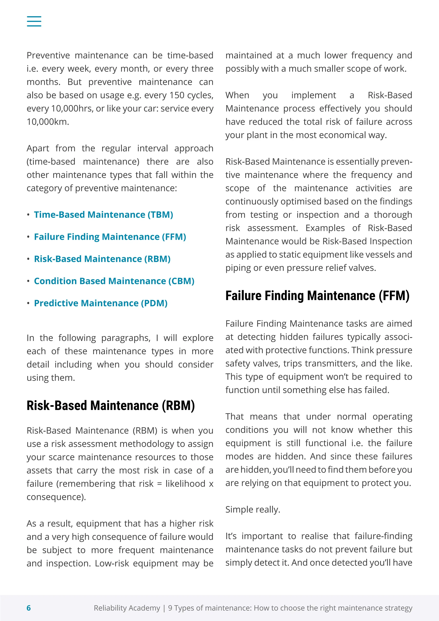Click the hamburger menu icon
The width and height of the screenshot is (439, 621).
pyautogui.click(x=34, y=21)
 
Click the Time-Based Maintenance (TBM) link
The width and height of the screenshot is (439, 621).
pyautogui.click(x=103, y=215)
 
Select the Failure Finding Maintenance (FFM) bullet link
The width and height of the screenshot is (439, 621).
pyautogui.click(x=110, y=237)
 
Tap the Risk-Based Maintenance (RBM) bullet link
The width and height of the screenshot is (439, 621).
pyautogui.click(x=102, y=259)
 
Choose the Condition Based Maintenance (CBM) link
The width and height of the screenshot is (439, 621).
pyautogui.click(x=114, y=281)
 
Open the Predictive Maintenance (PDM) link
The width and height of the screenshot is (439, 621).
pyautogui.click(x=101, y=303)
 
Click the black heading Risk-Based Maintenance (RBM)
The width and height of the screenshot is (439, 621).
pyautogui.click(x=111, y=406)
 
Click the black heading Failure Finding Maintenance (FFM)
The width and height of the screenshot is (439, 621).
pyautogui.click(x=317, y=296)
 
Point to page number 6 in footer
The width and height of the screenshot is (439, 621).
pyautogui.click(x=29, y=608)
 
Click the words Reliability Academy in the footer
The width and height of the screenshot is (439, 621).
pyautogui.click(x=127, y=608)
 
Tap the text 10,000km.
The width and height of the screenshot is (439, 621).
pyautogui.click(x=48, y=122)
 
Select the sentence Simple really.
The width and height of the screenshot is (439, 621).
pyautogui.click(x=253, y=509)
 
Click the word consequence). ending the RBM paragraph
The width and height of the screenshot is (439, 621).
pyautogui.click(x=56, y=497)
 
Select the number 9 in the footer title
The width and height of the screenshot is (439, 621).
pyautogui.click(x=170, y=608)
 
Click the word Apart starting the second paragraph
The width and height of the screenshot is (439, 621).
pyautogui.click(x=38, y=148)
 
